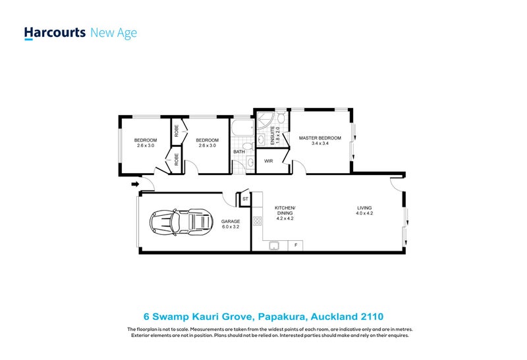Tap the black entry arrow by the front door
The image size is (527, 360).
pos(135,185)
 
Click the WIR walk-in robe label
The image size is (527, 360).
pos(268,161)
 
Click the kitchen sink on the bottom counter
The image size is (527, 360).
pos(275,246)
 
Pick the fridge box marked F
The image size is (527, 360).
pos(296,246)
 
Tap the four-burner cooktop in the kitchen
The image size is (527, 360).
pos(258,221)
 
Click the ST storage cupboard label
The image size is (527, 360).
pos(244,198)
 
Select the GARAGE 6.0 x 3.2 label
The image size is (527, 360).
pos(230,224)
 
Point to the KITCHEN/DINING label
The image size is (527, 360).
pos(286,211)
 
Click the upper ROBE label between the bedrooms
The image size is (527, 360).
pos(177,130)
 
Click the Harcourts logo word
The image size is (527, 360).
pos(55,32)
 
